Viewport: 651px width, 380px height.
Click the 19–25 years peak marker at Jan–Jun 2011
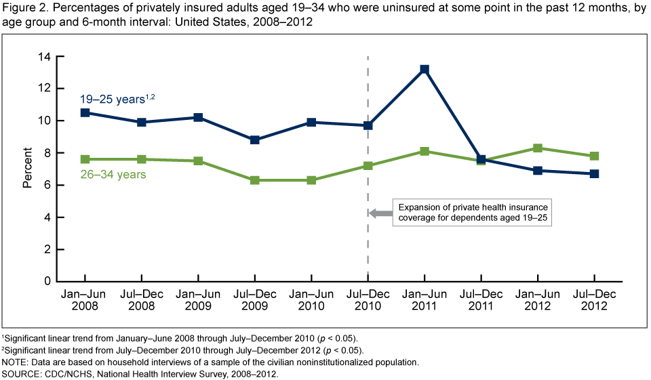click(x=424, y=69)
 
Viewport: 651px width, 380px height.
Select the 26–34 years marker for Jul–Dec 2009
click(x=254, y=180)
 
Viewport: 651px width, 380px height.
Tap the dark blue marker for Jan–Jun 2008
click(x=85, y=112)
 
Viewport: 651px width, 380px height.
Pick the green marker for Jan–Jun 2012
click(x=537, y=148)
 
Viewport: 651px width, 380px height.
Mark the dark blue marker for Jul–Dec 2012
click(x=594, y=173)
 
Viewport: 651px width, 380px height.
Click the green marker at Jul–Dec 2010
click(x=368, y=166)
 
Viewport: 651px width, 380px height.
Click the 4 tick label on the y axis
click(x=48, y=217)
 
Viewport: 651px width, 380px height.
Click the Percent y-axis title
click(x=27, y=169)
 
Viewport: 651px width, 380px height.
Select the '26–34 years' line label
click(x=115, y=175)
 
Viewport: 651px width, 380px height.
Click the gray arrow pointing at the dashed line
click(x=381, y=213)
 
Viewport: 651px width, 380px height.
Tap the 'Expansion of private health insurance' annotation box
click(x=472, y=213)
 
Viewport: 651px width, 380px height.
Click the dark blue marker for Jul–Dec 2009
click(x=254, y=140)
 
